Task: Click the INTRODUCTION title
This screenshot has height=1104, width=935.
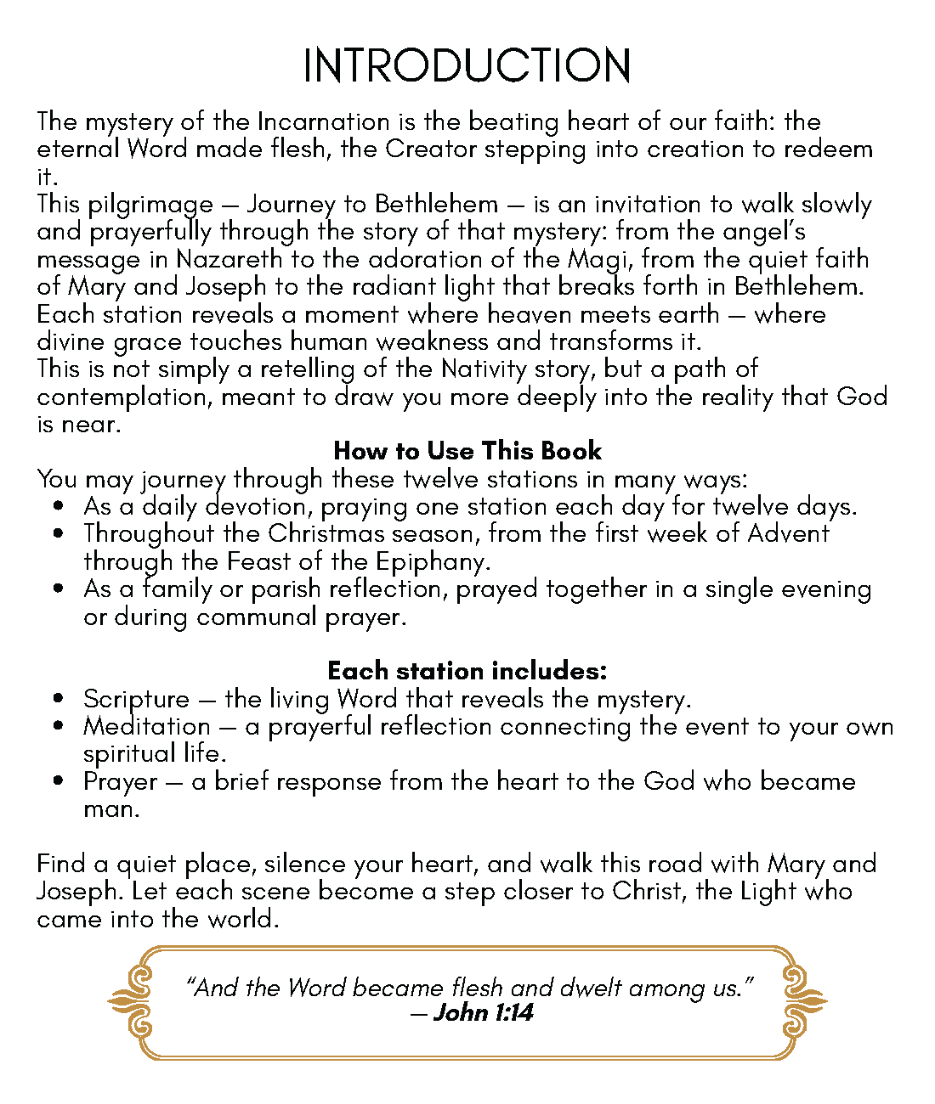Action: pos(467,65)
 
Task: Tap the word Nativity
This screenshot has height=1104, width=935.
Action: pos(484,369)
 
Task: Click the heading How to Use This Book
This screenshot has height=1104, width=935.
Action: pos(467,450)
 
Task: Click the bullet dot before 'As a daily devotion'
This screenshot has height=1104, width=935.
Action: pos(58,507)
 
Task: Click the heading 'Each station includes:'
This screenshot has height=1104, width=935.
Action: pos(467,671)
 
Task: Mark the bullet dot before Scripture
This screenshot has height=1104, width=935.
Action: pos(58,700)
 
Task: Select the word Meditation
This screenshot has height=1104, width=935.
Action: pos(146,727)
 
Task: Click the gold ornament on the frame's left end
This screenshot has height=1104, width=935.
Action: pos(132,1002)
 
